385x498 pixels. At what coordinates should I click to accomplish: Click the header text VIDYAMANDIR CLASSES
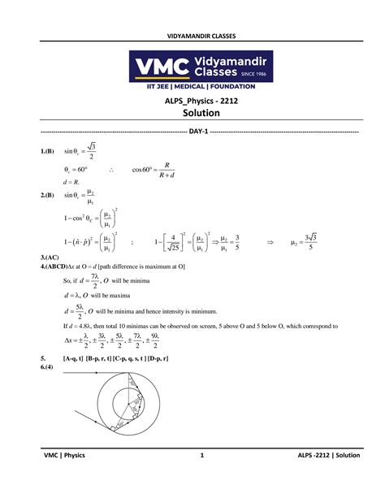192,37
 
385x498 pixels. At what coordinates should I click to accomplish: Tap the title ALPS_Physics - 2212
192,101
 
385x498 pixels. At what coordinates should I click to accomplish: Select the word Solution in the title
192,114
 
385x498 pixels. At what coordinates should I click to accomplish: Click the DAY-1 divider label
192,132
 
